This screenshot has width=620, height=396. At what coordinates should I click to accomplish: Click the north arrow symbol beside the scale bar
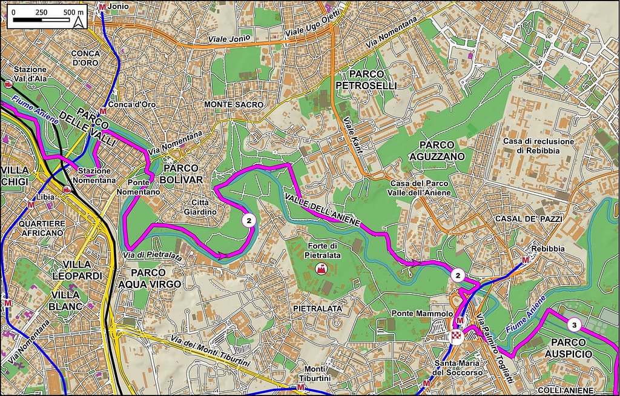(79, 22)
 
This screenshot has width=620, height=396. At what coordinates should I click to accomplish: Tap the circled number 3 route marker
(575, 325)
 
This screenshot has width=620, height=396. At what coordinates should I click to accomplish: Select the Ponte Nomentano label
(143, 187)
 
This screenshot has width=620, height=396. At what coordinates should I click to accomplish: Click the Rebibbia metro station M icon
(525, 260)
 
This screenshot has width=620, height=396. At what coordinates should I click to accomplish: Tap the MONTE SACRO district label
(234, 105)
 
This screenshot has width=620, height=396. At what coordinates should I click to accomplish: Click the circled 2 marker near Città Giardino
(248, 220)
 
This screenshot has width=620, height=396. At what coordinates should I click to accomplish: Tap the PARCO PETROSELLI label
(366, 81)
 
